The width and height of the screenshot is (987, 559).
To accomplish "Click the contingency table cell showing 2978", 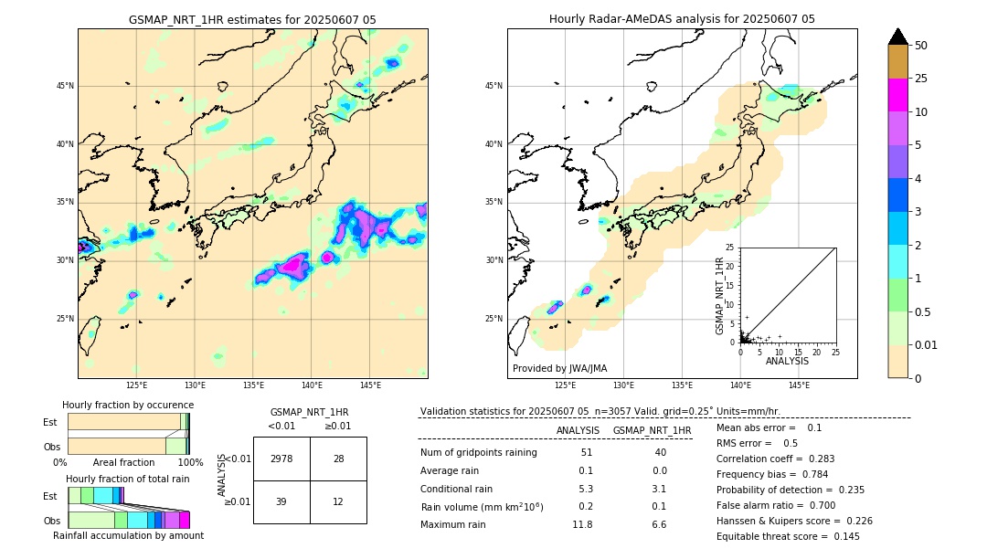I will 281,459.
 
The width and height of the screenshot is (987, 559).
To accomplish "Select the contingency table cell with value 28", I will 338,459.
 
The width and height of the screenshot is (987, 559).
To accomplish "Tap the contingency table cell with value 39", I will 281,501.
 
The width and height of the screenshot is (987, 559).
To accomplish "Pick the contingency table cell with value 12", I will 338,501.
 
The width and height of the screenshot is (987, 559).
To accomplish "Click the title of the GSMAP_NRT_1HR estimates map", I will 252,19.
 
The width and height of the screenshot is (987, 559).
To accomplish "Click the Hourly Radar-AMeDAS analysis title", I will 682,19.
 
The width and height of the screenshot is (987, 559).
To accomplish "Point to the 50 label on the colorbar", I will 921,46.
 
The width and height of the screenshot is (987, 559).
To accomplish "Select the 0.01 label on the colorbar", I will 927,344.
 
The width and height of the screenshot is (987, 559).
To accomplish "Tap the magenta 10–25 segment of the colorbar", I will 897,95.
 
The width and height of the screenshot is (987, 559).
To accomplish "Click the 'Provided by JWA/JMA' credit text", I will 559,369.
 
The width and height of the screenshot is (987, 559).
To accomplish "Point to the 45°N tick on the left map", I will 65,86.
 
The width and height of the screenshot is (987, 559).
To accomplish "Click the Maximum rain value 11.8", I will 581,524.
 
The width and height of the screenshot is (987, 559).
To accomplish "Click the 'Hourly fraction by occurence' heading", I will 128,405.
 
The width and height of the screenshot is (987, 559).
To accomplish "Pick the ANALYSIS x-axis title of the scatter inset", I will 787,361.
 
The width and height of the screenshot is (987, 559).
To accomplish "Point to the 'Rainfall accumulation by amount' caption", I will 128,535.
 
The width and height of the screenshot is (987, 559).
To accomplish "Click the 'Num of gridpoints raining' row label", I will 478,453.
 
